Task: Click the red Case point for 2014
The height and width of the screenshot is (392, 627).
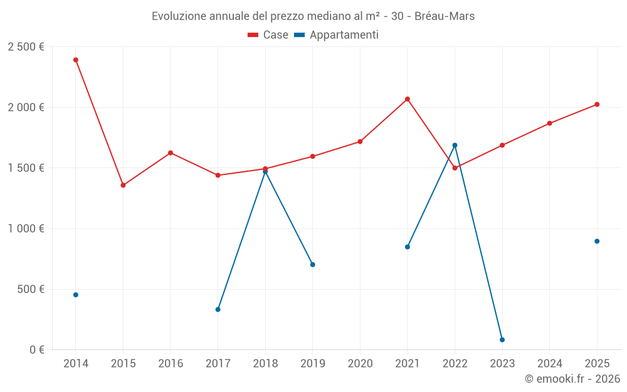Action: (76, 60)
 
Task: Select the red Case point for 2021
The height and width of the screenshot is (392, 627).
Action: (408, 99)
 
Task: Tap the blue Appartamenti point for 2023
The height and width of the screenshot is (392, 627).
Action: (502, 340)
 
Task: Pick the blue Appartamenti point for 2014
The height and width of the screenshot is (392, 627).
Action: (76, 295)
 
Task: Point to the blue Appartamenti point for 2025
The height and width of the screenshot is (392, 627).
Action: (597, 241)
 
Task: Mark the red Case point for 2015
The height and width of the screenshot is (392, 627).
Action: (123, 186)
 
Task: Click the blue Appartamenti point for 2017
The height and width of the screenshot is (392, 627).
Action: (218, 309)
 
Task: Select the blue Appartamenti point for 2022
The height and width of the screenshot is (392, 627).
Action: (455, 146)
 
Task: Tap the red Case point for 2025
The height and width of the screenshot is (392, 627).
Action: (597, 105)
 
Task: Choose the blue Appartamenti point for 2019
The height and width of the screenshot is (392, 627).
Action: (313, 265)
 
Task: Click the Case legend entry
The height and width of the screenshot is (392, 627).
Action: (268, 35)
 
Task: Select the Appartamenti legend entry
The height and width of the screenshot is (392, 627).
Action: (337, 35)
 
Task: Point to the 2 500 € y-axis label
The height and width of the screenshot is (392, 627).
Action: (26, 47)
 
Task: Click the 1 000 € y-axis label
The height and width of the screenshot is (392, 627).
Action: (26, 229)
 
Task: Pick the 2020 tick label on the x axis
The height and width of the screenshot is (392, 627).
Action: (360, 364)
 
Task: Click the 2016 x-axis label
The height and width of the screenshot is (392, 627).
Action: (171, 364)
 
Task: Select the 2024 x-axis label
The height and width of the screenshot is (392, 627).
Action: (550, 364)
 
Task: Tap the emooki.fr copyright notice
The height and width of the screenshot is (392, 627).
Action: (572, 379)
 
